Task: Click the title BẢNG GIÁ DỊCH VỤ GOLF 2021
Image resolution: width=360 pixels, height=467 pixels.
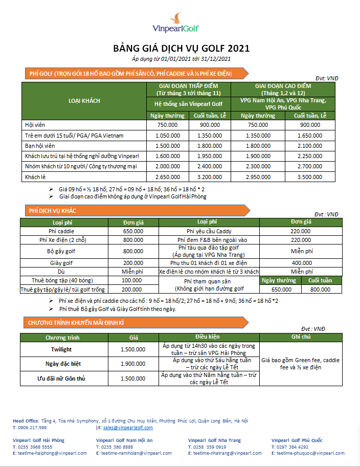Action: click(x=181, y=49)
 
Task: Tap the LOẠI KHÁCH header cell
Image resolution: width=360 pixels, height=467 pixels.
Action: click(x=84, y=101)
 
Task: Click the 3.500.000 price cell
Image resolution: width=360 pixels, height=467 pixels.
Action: click(x=310, y=177)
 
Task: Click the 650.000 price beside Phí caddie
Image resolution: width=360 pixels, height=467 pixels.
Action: click(x=133, y=231)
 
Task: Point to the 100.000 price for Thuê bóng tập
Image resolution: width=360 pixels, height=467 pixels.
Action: click(x=132, y=280)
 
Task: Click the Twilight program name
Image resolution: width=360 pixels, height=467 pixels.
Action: click(x=61, y=349)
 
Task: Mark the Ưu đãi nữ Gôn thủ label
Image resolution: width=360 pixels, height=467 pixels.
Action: click(x=61, y=379)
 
